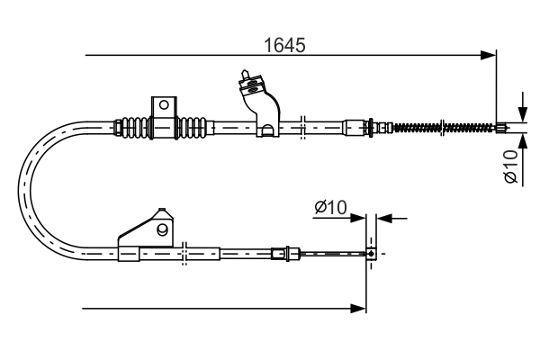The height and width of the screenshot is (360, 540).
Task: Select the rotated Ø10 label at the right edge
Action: click(510, 167)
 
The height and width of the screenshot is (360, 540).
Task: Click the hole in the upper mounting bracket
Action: click(164, 105)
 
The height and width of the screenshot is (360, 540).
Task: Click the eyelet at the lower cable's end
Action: click(371, 255)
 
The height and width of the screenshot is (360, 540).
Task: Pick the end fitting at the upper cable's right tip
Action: click(501, 127)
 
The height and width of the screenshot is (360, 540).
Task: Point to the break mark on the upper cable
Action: click(304, 127)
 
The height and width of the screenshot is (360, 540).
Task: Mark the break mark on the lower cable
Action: click(183, 255)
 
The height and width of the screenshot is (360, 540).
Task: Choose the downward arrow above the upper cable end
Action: click(520, 109)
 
